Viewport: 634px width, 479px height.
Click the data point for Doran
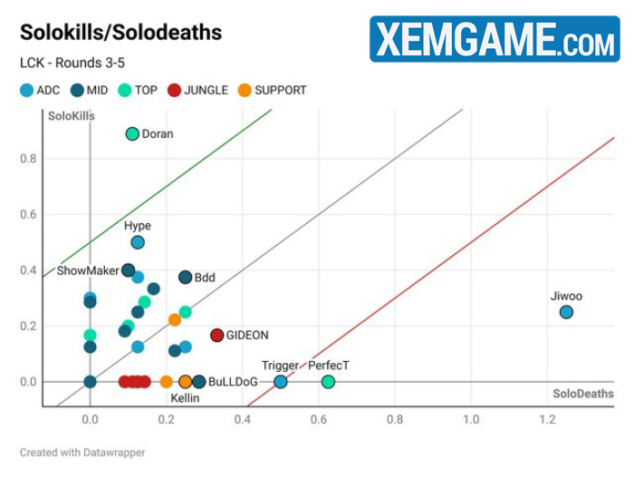pyautogui.click(x=132, y=134)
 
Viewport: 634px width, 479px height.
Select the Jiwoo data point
pyautogui.click(x=566, y=312)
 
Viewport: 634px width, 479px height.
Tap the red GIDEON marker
pyautogui.click(x=216, y=336)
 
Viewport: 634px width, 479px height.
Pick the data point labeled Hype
pyautogui.click(x=138, y=242)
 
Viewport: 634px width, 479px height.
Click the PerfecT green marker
pyautogui.click(x=328, y=382)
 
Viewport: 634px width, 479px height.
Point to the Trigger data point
pyautogui.click(x=281, y=382)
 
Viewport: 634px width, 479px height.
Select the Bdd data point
pyautogui.click(x=185, y=278)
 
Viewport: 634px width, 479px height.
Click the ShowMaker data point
pyautogui.click(x=129, y=270)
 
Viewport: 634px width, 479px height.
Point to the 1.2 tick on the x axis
pyautogui.click(x=547, y=420)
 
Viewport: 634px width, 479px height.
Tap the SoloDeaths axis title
pyautogui.click(x=583, y=394)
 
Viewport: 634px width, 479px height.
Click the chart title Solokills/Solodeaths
pyautogui.click(x=120, y=34)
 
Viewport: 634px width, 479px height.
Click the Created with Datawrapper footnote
pyautogui.click(x=82, y=452)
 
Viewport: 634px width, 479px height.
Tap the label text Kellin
pyautogui.click(x=185, y=398)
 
